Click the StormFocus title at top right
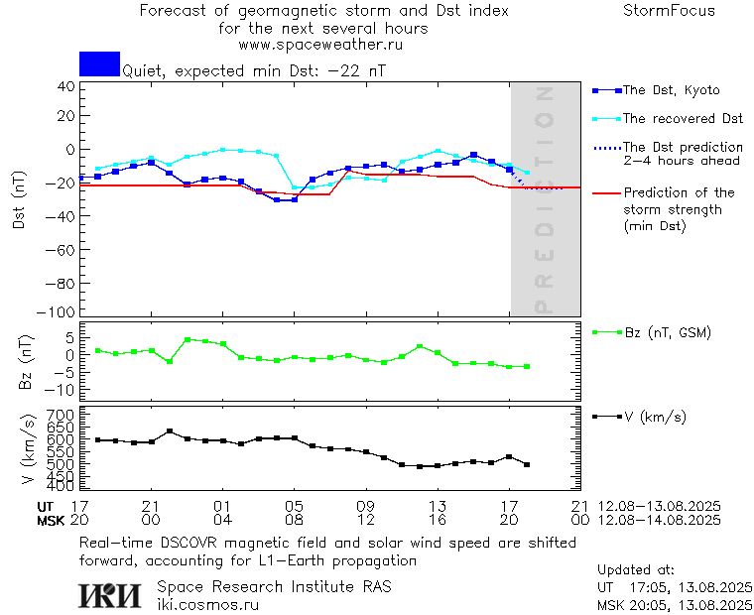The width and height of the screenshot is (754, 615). pos(669,11)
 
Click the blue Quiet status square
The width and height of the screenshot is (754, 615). pos(99,63)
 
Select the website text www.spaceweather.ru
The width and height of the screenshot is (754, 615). pos(320,45)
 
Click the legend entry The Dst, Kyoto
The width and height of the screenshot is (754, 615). pos(670,90)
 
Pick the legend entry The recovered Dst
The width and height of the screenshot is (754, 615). pos(683,119)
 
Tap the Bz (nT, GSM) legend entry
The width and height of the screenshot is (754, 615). pos(667,332)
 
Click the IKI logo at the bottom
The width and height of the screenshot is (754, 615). pos(111,595)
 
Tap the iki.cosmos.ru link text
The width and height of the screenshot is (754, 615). pos(208,604)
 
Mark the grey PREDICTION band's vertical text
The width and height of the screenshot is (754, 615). pos(543,199)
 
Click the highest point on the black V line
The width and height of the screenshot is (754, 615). pos(170,431)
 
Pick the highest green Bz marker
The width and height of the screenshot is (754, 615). pos(188,339)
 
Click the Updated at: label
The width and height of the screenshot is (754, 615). pos(636,570)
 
